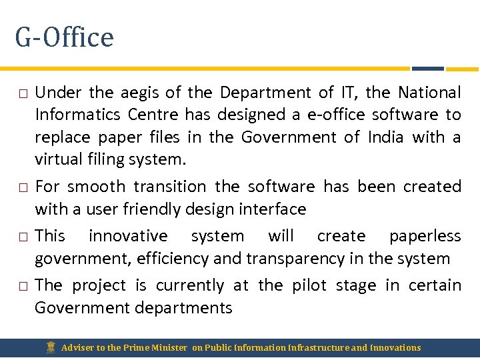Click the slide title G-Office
coord(64,37)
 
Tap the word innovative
coord(129,236)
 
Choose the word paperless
coord(425,236)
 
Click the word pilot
coord(309,285)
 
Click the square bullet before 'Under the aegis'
coord(22,93)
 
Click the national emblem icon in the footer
coord(50,347)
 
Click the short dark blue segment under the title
coord(427,68)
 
